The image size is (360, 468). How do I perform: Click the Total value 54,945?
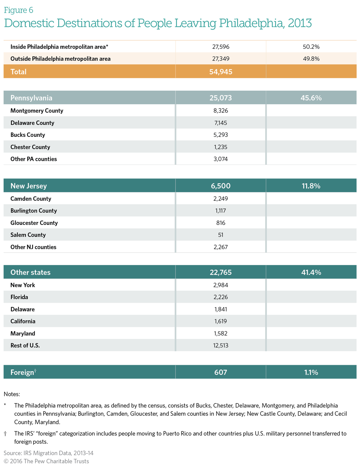[x=221, y=72]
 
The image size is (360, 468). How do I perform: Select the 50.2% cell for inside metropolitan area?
[x=311, y=47]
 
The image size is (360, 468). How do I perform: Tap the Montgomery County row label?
[x=37, y=111]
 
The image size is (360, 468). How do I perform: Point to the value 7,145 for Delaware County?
[x=221, y=123]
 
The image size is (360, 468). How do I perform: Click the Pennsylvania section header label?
[x=31, y=98]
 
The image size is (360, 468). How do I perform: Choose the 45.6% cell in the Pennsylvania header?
[x=311, y=98]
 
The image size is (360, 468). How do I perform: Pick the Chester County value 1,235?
[x=221, y=147]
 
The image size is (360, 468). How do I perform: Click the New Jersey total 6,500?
[x=221, y=186]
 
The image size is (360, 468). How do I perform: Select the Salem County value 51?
[x=221, y=235]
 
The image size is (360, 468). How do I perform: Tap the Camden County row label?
[x=31, y=199]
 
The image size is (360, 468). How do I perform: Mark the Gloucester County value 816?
[x=221, y=223]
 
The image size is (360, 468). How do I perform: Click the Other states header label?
[x=31, y=273]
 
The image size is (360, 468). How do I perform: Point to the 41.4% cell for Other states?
[x=311, y=273]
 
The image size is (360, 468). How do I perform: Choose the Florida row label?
[x=19, y=297]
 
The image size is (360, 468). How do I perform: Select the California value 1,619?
[x=221, y=321]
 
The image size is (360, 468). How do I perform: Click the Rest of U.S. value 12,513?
[x=221, y=345]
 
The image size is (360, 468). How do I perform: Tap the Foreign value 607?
[x=221, y=372]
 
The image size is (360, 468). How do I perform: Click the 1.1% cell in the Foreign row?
[x=311, y=372]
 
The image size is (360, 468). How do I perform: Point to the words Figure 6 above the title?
[x=19, y=10]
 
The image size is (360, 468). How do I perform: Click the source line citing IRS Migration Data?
[x=49, y=453]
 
